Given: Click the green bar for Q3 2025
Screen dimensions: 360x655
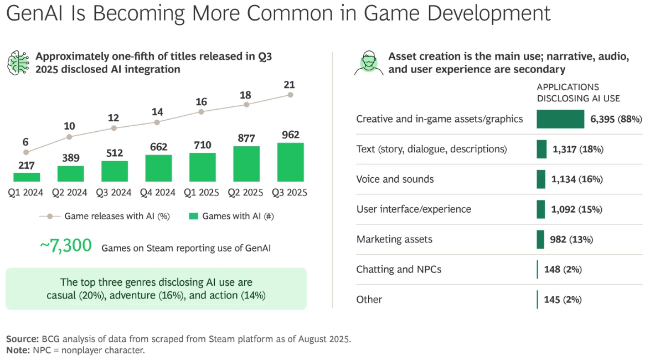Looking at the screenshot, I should (x=291, y=162).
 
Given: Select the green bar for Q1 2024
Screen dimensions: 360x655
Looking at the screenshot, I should (x=27, y=177).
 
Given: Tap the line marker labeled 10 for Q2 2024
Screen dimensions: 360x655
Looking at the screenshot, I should (x=69, y=137).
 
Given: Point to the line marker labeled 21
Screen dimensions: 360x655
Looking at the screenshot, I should (x=290, y=95).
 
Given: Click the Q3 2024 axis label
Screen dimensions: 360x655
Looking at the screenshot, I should (x=114, y=193).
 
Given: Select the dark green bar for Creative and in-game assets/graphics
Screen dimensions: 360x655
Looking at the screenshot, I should (x=560, y=119).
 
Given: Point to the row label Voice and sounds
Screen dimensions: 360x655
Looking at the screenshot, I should (x=395, y=179).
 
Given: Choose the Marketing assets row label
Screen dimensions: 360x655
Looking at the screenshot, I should (x=394, y=239).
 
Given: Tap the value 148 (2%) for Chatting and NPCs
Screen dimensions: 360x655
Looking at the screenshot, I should (x=564, y=270).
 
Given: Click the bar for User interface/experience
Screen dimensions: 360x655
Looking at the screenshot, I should (x=541, y=209).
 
